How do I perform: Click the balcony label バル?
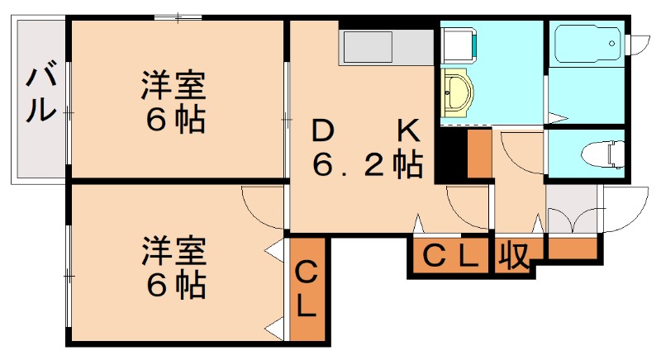(x=38, y=96)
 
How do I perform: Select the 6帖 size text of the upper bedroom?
(x=175, y=121)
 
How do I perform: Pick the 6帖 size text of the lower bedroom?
(x=175, y=285)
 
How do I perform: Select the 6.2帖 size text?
(x=367, y=165)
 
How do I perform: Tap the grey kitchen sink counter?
(x=386, y=47)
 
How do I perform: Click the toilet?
(x=600, y=152)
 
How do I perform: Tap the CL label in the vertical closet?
(x=306, y=288)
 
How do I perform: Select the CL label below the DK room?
(x=449, y=257)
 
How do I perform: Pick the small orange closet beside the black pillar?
(x=478, y=154)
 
